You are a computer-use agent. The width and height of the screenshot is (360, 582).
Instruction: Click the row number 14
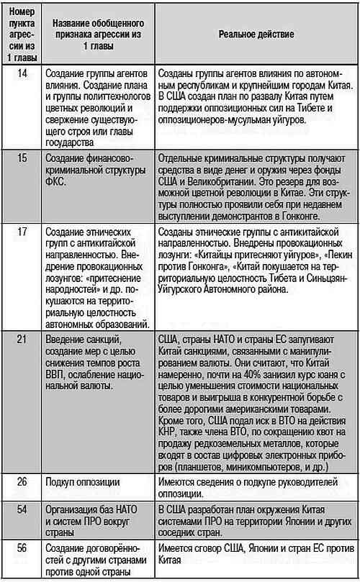(22, 74)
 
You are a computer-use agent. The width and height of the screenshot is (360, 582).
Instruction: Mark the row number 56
(22, 547)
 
